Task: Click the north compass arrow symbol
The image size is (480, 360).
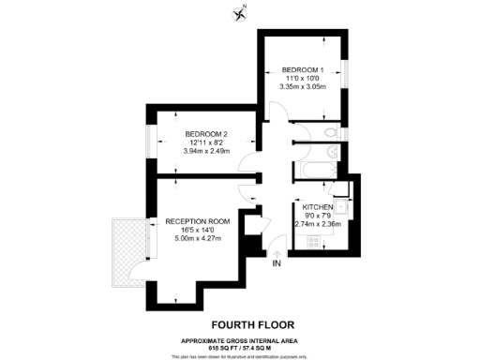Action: coord(240,12)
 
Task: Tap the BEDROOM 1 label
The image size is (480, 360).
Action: coord(303,68)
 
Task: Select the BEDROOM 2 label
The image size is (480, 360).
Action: coord(206,133)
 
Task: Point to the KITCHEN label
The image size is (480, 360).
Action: coord(320,206)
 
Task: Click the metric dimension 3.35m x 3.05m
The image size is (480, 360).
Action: coord(303,87)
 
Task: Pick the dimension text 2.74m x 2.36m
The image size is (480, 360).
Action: coord(320,225)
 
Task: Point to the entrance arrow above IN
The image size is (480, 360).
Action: coord(277,250)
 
